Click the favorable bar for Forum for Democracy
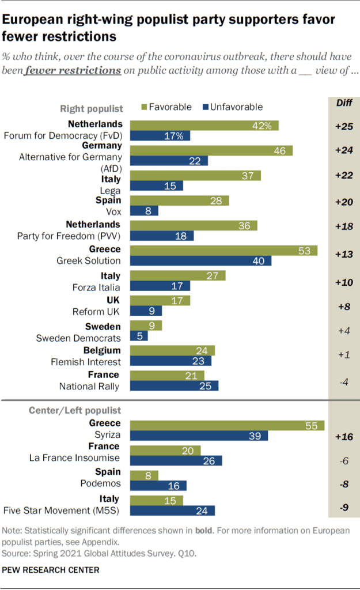pos(204,125)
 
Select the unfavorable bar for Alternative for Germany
pos(169,161)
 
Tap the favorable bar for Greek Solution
pos(223,250)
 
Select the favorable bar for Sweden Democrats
pos(146,326)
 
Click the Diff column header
pos(344,103)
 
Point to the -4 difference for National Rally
pos(344,381)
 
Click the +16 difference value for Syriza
pos(344,437)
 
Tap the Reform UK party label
pos(96,312)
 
